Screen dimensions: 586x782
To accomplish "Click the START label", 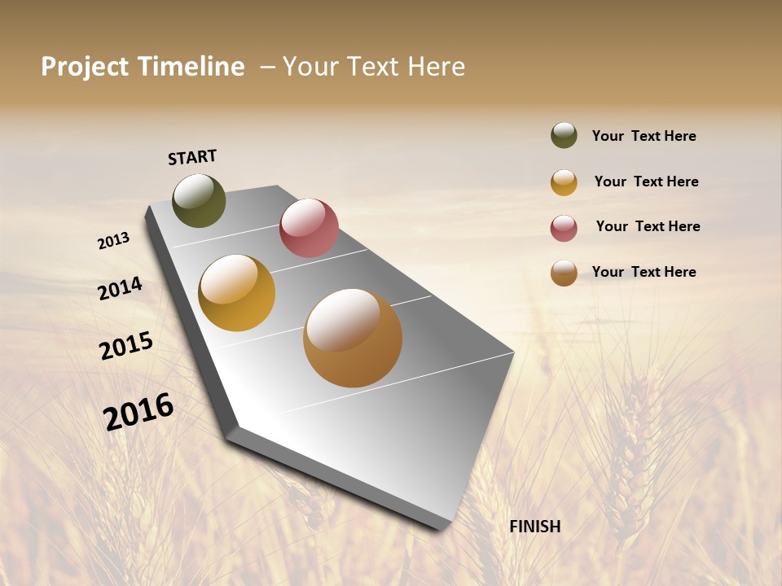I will (192, 157).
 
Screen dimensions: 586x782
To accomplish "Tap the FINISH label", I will (535, 527).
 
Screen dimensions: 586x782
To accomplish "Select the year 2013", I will (114, 240).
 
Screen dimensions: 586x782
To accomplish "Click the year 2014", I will (121, 288).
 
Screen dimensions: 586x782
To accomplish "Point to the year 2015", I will (126, 345).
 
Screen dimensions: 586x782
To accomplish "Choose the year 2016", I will (138, 411).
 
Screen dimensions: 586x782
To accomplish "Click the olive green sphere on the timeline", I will (199, 200).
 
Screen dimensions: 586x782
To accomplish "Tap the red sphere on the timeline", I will (309, 228).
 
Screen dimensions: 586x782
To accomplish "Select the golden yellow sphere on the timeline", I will (237, 293).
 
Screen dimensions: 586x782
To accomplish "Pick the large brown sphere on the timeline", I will (353, 338).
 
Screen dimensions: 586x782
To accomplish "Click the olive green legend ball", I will (564, 135).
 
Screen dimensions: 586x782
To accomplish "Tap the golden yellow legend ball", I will (564, 182).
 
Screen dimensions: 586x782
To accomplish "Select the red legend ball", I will (564, 228).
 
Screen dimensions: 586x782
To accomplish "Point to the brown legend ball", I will (564, 273).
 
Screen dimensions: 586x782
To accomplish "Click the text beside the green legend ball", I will (644, 136).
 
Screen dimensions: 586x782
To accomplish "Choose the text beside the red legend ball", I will (648, 226).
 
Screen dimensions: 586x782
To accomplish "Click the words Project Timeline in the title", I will (143, 67).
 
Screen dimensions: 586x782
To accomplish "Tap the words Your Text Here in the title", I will (374, 67).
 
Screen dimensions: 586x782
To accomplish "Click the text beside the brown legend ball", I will (644, 272).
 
